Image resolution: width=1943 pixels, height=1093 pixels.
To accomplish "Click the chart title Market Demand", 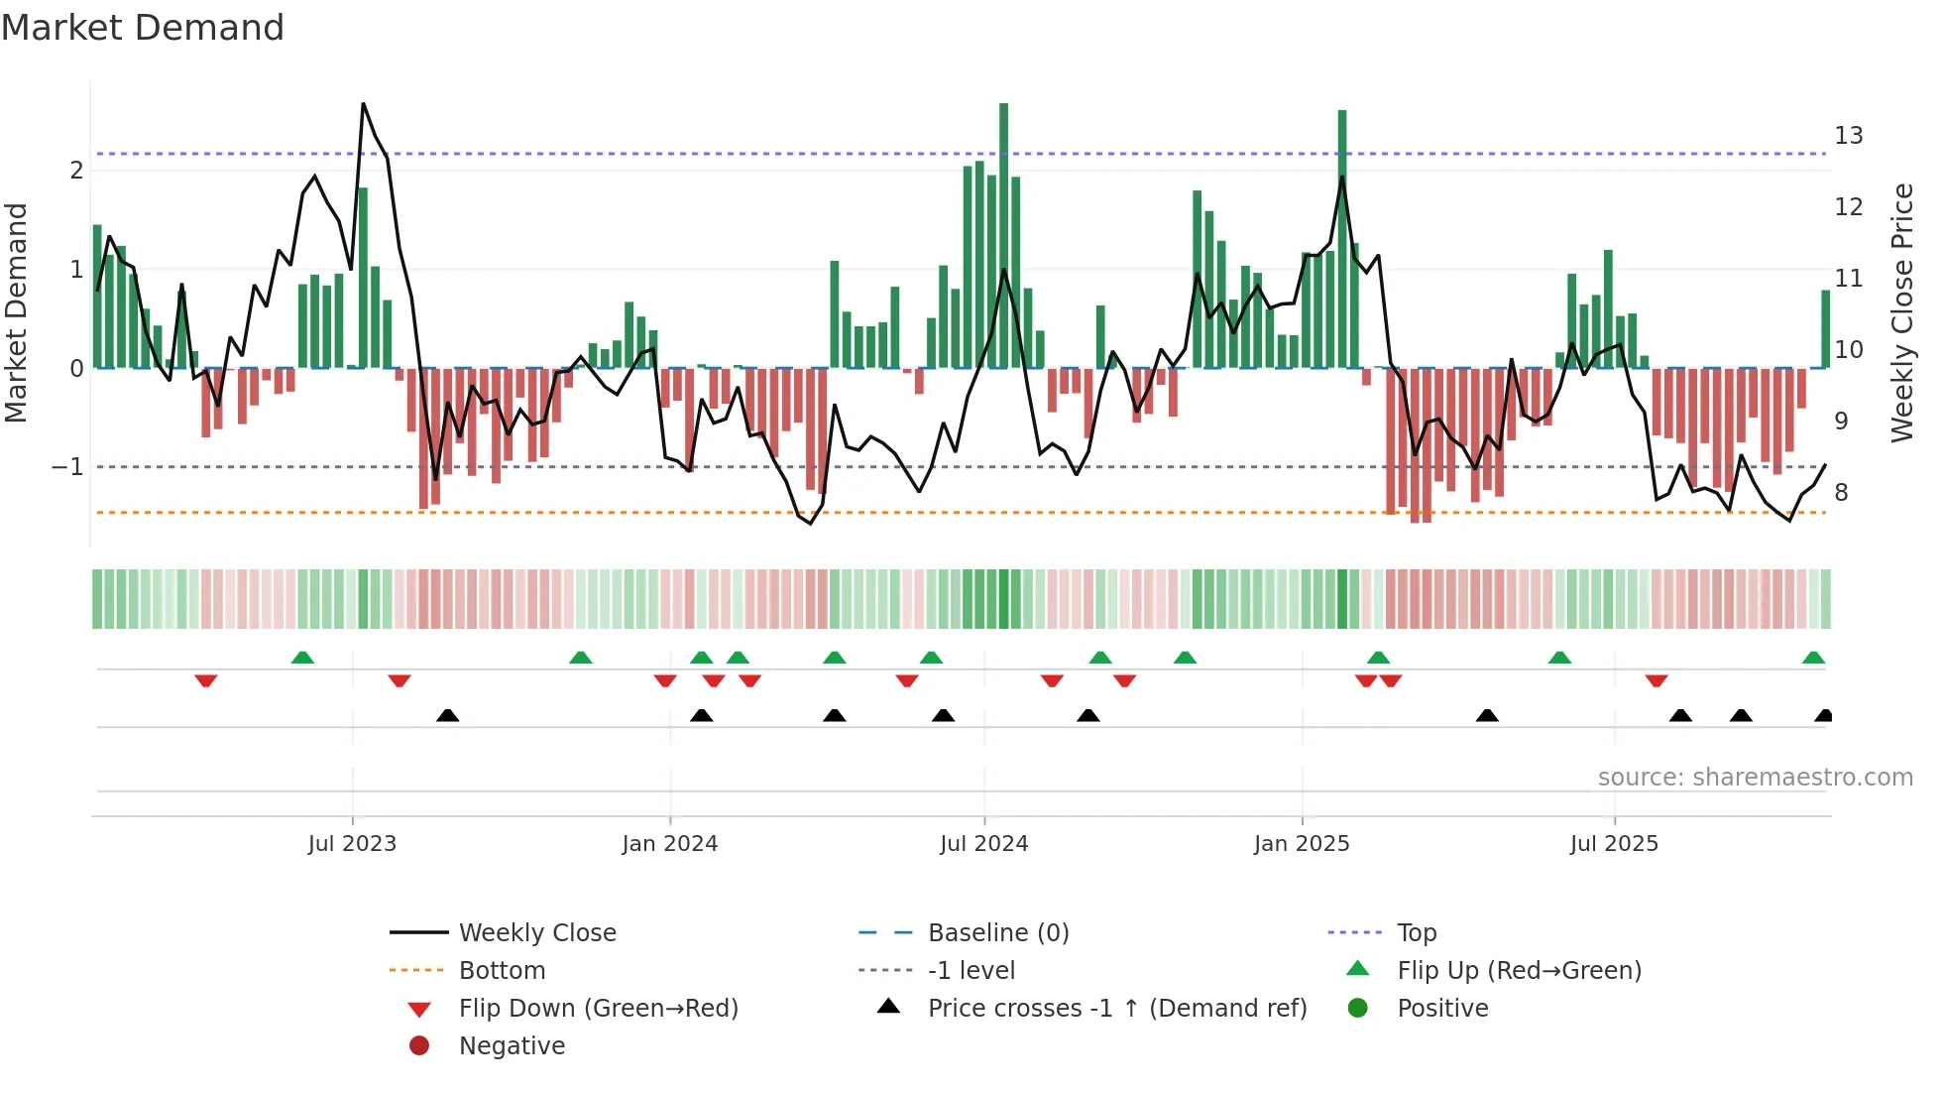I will click(143, 28).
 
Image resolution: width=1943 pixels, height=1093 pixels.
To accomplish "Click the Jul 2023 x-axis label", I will click(352, 844).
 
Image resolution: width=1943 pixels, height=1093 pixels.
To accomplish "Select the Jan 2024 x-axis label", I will click(669, 844).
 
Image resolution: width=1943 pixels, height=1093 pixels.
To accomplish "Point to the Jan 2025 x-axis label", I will click(1301, 844).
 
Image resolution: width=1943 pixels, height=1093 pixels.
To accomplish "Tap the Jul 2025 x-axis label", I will click(1614, 844).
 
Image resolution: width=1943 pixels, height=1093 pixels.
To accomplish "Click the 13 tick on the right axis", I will click(1848, 136).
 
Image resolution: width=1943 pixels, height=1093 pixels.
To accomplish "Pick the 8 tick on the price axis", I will click(1841, 493).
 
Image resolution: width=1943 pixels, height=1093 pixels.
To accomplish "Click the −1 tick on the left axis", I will click(67, 467).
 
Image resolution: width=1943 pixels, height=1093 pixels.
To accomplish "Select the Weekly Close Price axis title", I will click(1901, 312).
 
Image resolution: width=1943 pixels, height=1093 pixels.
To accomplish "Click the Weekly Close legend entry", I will click(536, 933).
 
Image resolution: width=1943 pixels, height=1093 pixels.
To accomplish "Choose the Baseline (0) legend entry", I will click(997, 933).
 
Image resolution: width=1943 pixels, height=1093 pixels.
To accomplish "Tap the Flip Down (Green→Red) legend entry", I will click(598, 1009).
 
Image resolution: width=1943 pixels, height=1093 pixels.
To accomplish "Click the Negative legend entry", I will click(512, 1046).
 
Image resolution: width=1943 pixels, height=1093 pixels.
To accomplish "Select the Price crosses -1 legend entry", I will click(1116, 1009).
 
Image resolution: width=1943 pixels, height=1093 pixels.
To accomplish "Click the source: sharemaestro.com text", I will click(1755, 778).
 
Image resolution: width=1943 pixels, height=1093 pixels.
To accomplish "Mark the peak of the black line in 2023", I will click(363, 104).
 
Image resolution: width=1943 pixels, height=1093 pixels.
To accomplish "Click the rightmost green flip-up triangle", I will click(1813, 658).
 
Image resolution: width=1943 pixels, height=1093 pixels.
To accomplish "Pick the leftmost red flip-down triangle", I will click(206, 680).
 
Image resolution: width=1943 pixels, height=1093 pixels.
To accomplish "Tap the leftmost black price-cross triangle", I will click(447, 715).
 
